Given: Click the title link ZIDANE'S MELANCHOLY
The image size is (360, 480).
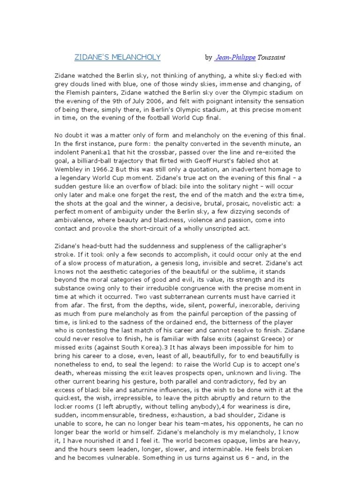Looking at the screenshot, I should (x=118, y=57).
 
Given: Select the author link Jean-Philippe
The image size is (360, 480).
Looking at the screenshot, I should (x=236, y=58).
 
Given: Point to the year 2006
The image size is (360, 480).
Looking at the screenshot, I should (x=144, y=101).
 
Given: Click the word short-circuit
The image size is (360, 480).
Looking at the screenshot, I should (x=137, y=228).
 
